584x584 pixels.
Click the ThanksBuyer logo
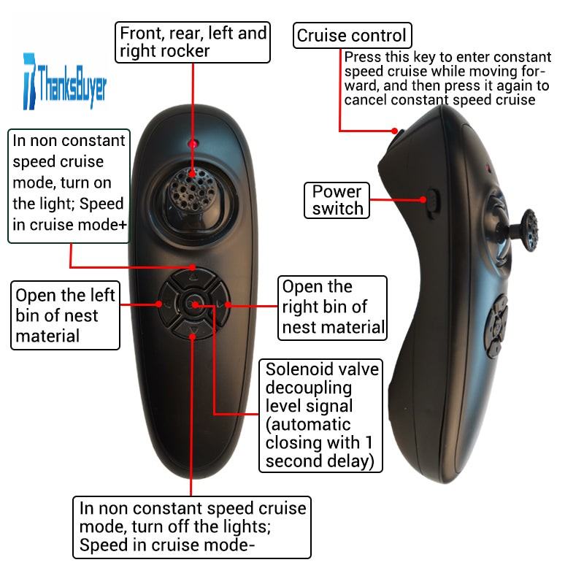pyautogui.click(x=64, y=80)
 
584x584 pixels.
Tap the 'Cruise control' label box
pyautogui.click(x=352, y=35)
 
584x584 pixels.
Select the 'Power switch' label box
pyautogui.click(x=337, y=200)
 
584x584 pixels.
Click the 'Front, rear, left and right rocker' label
pyautogui.click(x=193, y=42)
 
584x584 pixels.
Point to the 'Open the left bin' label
pyautogui.click(x=66, y=315)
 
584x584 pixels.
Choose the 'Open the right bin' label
pyautogui.click(x=333, y=307)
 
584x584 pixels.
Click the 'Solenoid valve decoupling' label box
pyautogui.click(x=320, y=415)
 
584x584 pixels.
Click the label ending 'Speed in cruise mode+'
pyautogui.click(x=69, y=182)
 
